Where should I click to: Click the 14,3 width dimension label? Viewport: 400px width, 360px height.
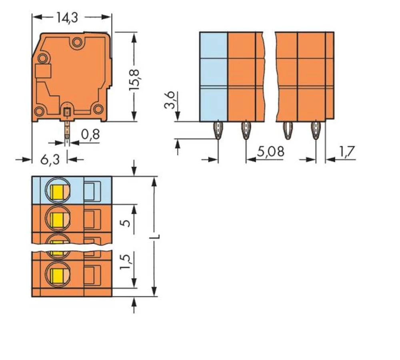tap(67, 17)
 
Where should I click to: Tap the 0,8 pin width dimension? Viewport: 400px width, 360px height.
tap(90, 135)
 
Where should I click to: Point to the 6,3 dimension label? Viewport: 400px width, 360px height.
tap(50, 159)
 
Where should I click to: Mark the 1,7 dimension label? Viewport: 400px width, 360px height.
tap(347, 152)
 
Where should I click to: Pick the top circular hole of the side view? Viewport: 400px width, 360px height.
tap(77, 42)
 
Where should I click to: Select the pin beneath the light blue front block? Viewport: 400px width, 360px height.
tap(218, 130)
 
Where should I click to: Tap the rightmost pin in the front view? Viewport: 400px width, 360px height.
tap(316, 130)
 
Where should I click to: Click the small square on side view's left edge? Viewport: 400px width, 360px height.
tap(43, 71)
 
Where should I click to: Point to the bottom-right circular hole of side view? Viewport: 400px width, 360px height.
tap(98, 109)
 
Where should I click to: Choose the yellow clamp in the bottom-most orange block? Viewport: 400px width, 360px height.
tap(58, 275)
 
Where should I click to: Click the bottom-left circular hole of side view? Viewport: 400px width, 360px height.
tap(39, 111)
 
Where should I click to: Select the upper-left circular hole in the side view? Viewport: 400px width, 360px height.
tap(42, 58)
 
